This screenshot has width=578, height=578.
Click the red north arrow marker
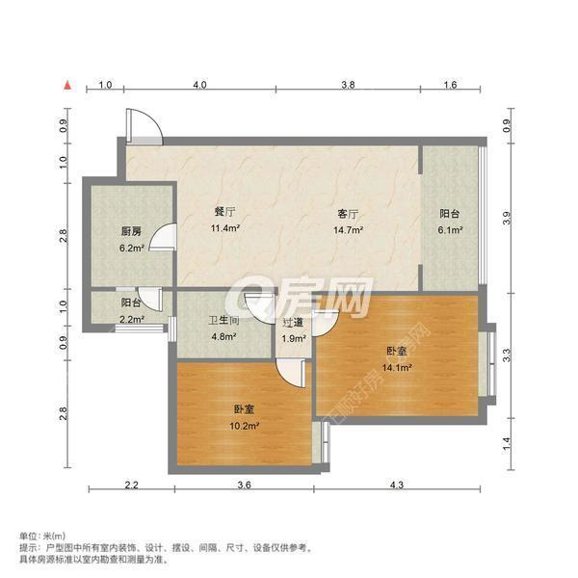(x=68, y=87)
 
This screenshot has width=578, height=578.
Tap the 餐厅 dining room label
(x=225, y=212)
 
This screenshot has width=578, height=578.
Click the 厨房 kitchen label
(x=132, y=231)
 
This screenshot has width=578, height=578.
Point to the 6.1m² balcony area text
(x=451, y=230)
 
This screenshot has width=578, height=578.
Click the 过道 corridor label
(x=294, y=322)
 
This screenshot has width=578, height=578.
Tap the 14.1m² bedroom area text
(x=399, y=367)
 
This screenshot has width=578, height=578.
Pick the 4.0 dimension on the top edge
(x=199, y=86)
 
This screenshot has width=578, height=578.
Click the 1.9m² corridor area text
(x=294, y=337)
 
